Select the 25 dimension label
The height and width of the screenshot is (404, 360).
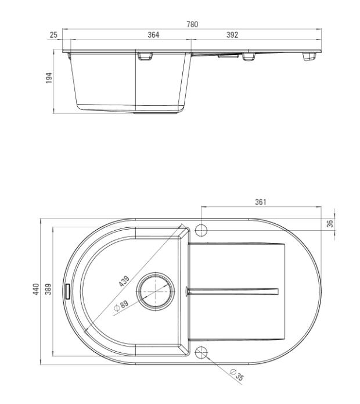53,35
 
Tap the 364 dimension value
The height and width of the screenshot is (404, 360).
153,35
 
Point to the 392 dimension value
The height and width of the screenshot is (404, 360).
232,35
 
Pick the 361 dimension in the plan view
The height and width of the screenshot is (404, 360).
261,202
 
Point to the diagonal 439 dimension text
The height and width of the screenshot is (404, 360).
124,280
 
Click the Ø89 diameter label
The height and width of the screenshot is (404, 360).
121,306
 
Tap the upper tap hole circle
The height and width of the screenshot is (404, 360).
201,230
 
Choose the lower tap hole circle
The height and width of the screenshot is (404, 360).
201,352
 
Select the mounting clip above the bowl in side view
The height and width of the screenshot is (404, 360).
145,56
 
